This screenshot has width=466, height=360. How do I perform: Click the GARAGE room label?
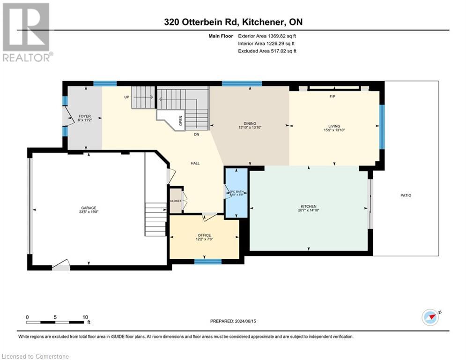(x=89, y=208)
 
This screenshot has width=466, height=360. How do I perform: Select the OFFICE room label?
(x=204, y=235)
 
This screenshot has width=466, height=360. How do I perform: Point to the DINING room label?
(x=249, y=124)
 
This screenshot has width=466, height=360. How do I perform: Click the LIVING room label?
(x=334, y=126)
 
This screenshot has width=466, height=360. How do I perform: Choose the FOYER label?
(x=85, y=116)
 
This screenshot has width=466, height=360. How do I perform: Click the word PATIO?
(x=406, y=195)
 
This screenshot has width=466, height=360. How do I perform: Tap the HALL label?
(x=195, y=163)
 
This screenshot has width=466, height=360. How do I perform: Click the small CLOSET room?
(x=176, y=200)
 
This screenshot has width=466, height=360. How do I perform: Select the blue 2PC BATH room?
(x=236, y=193)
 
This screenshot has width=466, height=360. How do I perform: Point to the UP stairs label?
(x=126, y=97)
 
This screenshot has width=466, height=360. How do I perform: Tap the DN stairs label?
(x=197, y=135)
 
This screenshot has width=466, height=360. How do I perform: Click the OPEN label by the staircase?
(x=180, y=120)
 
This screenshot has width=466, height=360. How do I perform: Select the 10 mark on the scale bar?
(x=85, y=317)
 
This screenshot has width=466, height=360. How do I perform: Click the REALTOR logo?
(x=26, y=32)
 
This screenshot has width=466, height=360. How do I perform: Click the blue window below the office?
(x=207, y=262)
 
